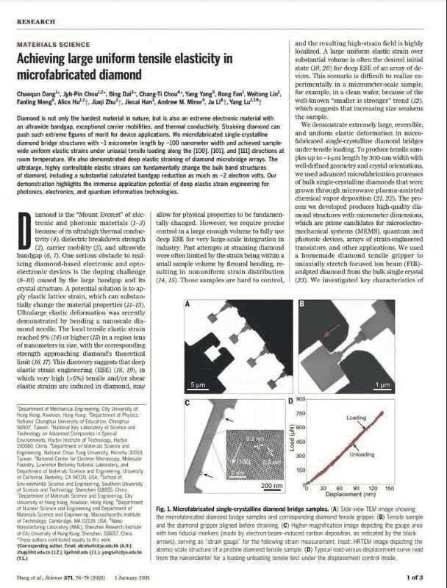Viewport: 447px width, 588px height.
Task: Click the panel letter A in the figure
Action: [189, 304]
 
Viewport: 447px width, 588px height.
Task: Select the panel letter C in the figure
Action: [189, 404]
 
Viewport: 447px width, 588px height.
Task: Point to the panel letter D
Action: [291, 402]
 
